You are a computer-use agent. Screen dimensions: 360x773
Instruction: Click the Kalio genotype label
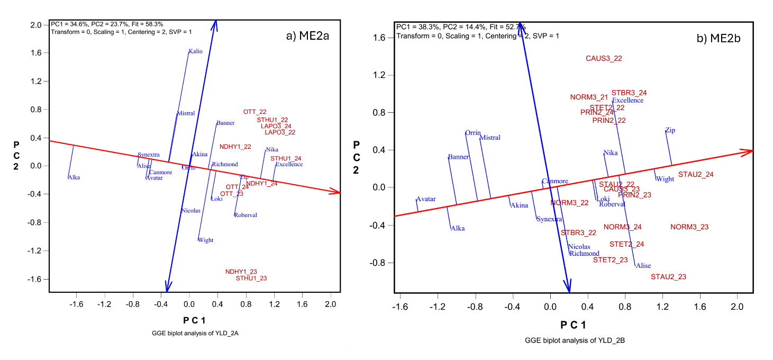195,51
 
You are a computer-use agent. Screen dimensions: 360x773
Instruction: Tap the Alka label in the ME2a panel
74,177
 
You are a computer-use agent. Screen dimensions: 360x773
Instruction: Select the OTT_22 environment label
254,112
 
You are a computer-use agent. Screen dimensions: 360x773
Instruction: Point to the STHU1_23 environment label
251,278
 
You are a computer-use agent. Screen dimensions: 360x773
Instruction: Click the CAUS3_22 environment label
604,58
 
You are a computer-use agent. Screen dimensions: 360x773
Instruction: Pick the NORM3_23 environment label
689,227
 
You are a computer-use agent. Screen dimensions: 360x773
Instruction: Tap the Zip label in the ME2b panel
670,130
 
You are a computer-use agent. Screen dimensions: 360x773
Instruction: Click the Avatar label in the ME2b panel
426,199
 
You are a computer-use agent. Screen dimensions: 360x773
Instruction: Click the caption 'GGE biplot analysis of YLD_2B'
575,340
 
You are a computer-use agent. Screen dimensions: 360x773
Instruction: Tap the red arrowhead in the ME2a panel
337,192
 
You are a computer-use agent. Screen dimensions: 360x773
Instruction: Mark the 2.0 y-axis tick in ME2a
36,25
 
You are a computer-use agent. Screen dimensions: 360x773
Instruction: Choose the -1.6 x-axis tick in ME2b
401,308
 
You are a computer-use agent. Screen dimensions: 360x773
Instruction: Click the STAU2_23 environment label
668,277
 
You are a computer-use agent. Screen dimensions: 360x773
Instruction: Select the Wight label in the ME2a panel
205,240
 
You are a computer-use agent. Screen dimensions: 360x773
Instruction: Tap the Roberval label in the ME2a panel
245,215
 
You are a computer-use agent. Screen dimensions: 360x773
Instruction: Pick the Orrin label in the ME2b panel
473,133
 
